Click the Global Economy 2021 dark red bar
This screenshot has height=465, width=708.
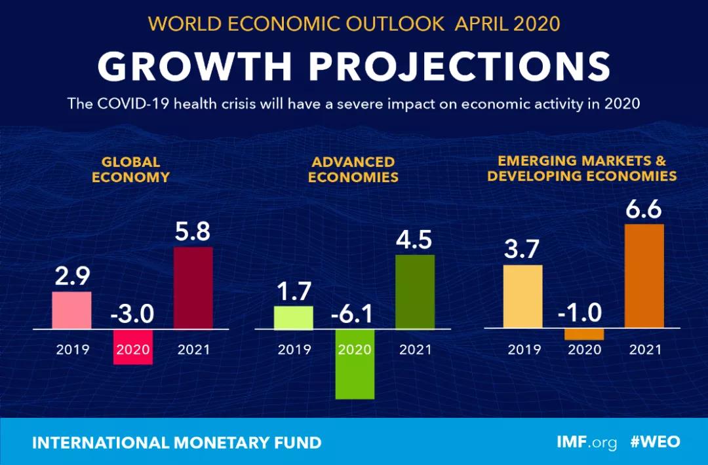click(x=193, y=288)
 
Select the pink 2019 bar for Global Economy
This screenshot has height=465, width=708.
click(x=71, y=310)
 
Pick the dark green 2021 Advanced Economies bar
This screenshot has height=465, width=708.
click(x=415, y=291)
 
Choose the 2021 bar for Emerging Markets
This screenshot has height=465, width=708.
click(x=644, y=276)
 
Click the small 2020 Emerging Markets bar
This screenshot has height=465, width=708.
click(x=583, y=334)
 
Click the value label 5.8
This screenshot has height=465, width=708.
click(x=193, y=233)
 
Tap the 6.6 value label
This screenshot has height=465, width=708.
click(x=644, y=211)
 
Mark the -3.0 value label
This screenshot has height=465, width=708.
click(x=132, y=314)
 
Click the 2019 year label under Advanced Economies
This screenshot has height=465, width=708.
click(x=294, y=349)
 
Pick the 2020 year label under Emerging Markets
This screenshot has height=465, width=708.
click(x=583, y=349)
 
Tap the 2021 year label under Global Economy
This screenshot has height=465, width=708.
click(x=193, y=349)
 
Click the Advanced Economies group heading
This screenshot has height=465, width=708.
click(x=353, y=169)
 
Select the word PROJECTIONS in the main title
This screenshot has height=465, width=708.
click(x=460, y=66)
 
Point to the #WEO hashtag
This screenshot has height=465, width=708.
click(x=656, y=442)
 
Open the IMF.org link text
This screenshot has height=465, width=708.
click(x=587, y=443)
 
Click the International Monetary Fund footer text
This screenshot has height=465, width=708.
click(x=177, y=443)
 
